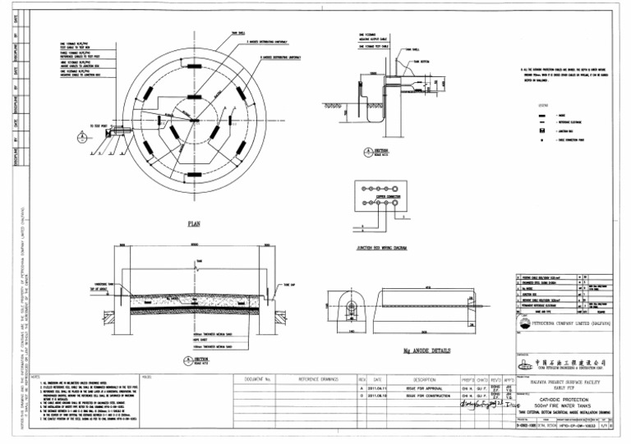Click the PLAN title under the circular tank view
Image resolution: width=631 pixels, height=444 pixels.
[x=196, y=222]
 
